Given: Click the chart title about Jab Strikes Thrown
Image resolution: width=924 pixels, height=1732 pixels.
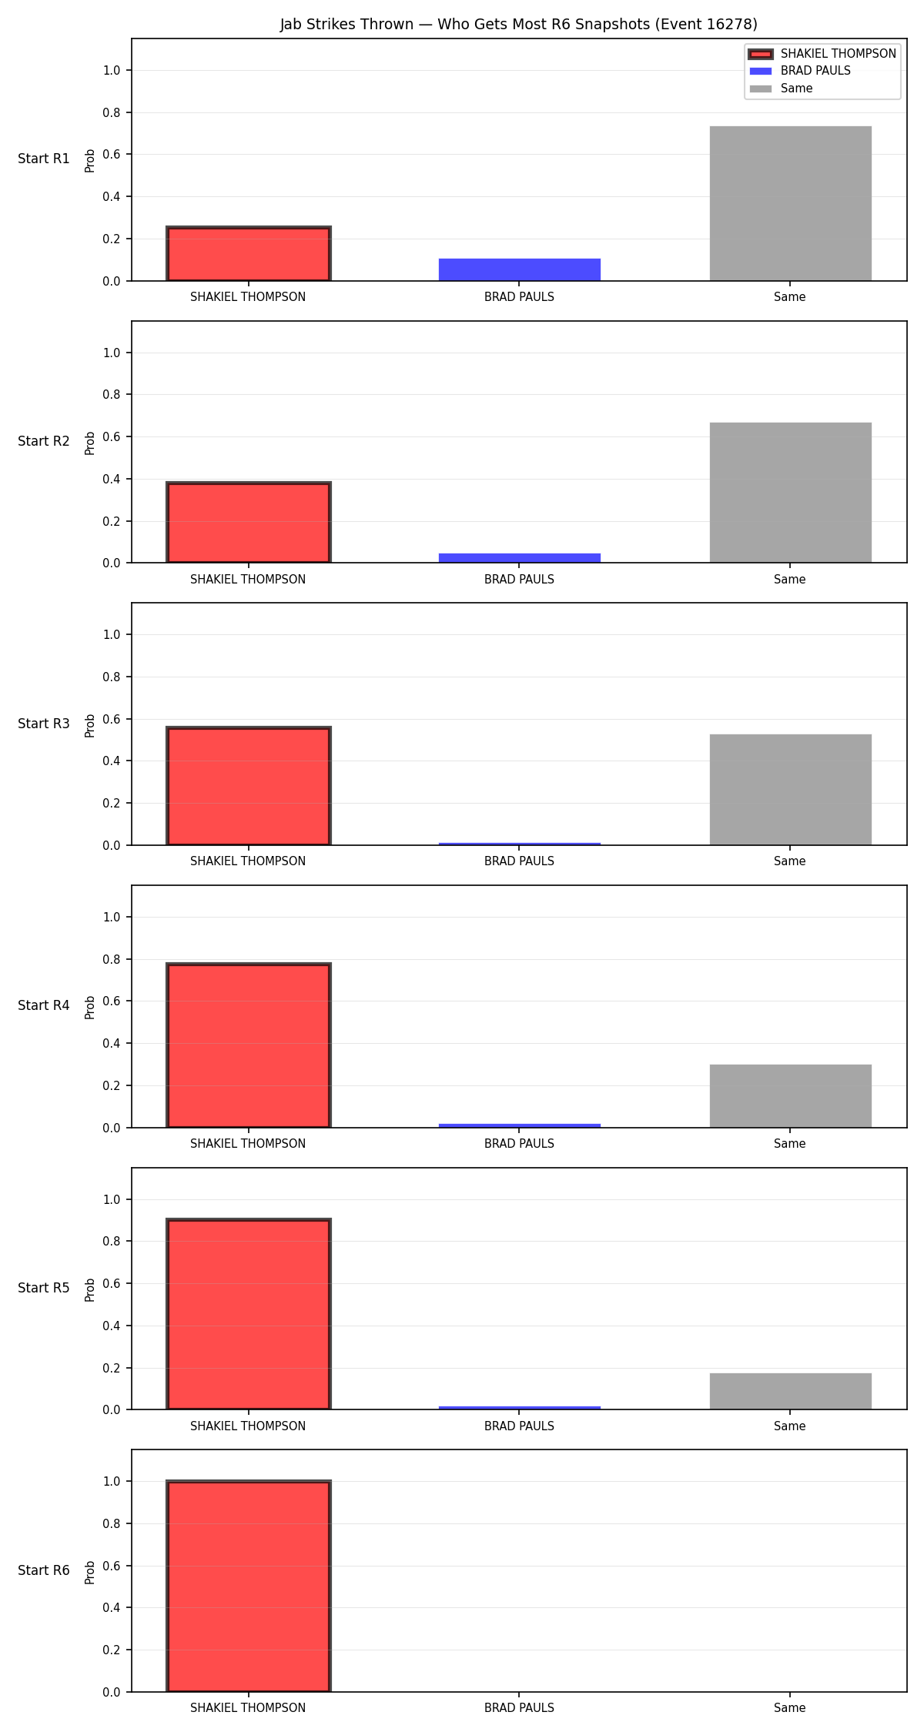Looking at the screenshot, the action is (518, 25).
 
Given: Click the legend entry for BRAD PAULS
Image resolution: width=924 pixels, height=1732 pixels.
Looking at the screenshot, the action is (800, 71).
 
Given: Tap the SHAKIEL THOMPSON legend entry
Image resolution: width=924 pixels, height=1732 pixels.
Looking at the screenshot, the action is (822, 54).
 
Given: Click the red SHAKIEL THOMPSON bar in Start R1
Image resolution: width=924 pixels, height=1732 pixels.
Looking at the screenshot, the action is (249, 253).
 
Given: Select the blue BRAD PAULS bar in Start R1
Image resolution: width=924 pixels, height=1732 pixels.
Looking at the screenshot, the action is (520, 269).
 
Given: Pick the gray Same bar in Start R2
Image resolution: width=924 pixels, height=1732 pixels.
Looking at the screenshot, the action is (791, 493).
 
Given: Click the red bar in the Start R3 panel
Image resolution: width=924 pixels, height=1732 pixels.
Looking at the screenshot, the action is (249, 786).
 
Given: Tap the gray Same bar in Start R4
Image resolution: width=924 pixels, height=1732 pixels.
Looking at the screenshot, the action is (791, 1096).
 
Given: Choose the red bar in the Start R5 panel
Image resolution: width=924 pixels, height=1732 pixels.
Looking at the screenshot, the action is (249, 1314).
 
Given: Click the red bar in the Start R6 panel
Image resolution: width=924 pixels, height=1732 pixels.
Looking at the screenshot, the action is (249, 1586).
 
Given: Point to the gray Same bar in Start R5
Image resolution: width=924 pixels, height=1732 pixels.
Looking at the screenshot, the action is (791, 1391).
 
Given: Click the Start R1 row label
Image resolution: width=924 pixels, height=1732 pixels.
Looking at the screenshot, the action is (44, 159).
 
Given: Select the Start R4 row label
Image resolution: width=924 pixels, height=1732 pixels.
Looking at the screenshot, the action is (44, 1005).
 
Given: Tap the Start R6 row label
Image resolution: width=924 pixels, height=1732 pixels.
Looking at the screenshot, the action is (44, 1570).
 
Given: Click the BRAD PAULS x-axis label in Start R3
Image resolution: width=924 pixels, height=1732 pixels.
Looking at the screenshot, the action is (520, 861).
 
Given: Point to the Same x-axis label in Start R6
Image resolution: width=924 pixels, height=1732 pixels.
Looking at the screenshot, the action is (790, 1708).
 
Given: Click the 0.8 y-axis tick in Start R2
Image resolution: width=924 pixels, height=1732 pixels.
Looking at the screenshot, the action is (112, 395).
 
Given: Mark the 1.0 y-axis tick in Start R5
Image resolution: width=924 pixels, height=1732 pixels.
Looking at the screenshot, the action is (112, 1200).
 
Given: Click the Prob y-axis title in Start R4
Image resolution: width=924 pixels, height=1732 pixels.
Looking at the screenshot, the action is (90, 1008).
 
